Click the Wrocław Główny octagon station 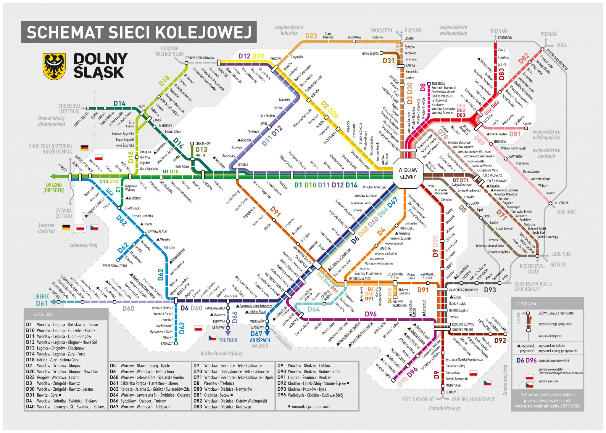click(x=408, y=174)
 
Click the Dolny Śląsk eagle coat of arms click(x=54, y=66)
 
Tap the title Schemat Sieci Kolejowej click(x=139, y=32)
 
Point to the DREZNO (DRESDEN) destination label click(x=54, y=188)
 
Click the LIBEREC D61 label click(x=41, y=300)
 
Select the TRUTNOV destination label click(x=228, y=340)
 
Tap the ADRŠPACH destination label click(x=260, y=340)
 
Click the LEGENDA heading click(x=526, y=304)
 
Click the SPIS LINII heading click(x=43, y=314)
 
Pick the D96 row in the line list click(x=311, y=395)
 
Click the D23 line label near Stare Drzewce click(x=311, y=36)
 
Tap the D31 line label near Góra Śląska click(x=389, y=61)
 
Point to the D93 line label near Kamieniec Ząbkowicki click(x=490, y=290)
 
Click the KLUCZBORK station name click(x=562, y=203)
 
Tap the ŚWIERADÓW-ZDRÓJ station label click(x=115, y=266)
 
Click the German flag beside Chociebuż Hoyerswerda click(x=85, y=147)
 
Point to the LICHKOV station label click(x=450, y=392)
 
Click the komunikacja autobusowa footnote click(x=310, y=407)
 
